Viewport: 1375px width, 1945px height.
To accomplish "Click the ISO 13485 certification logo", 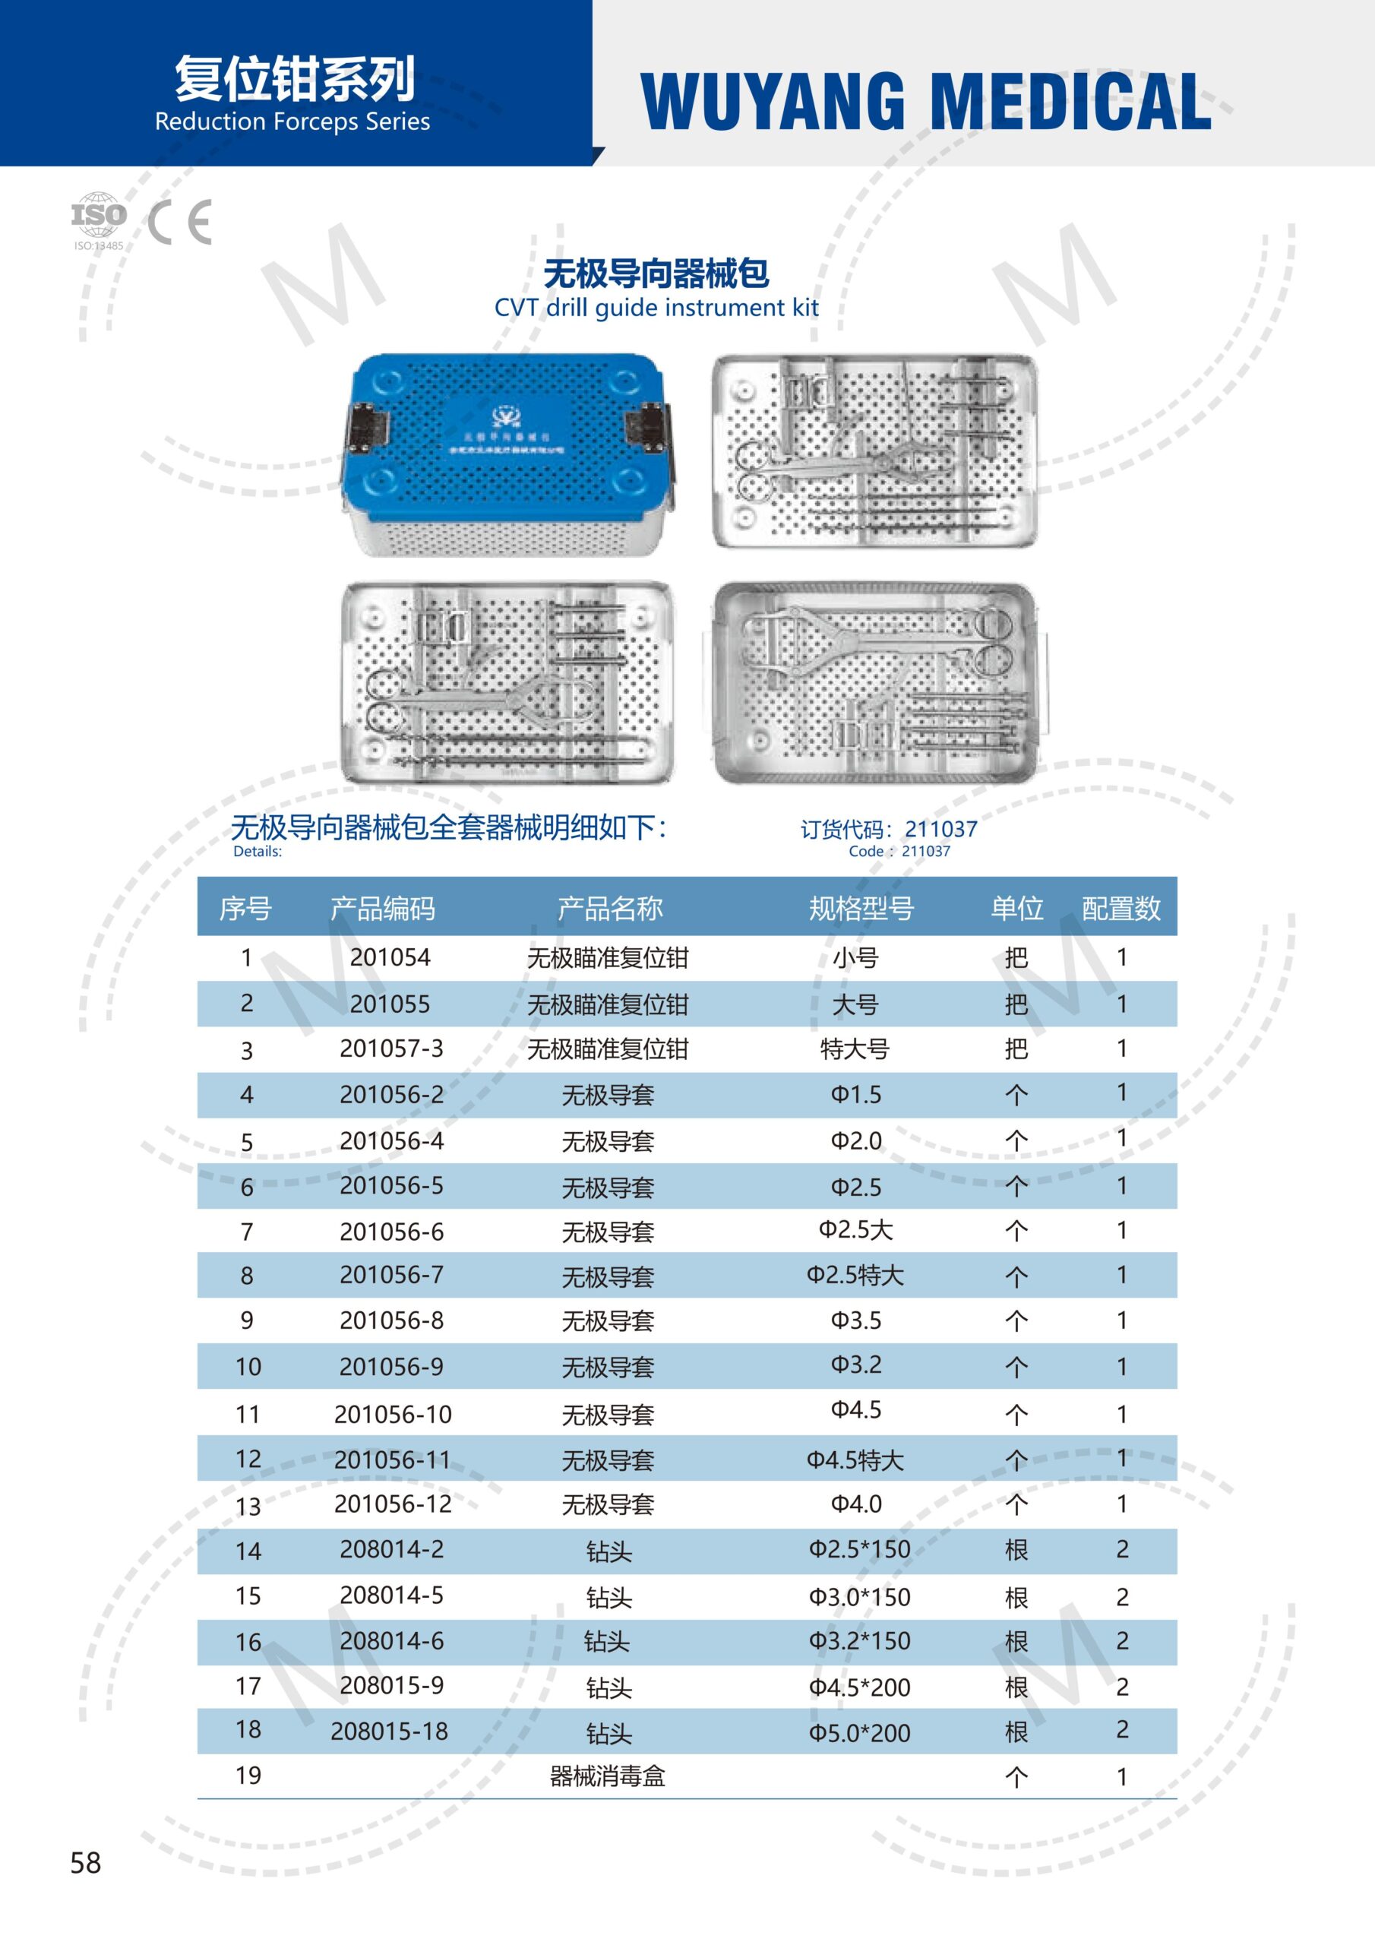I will [x=98, y=220].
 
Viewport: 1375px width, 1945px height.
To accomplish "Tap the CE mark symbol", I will [x=179, y=223].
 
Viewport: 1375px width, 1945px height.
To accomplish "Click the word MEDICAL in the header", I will [x=1072, y=102].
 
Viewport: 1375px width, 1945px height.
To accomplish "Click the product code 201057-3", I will [x=391, y=1048].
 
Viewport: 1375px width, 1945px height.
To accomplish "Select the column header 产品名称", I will [x=610, y=908].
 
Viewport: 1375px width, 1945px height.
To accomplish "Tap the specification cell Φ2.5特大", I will [x=855, y=1275].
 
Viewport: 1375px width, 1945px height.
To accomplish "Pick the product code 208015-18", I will [x=389, y=1731].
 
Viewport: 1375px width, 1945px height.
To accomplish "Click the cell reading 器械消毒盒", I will [x=608, y=1776].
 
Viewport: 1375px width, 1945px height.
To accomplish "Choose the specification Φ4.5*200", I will [x=859, y=1687].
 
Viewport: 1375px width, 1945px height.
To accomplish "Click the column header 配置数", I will [x=1121, y=908].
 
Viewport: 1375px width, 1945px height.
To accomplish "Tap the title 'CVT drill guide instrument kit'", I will [x=656, y=308].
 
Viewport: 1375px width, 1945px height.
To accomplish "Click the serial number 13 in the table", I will [x=248, y=1506].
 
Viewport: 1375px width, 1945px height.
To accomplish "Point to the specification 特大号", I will [x=854, y=1048].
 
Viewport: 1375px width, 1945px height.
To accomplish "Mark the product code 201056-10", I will [x=393, y=1414].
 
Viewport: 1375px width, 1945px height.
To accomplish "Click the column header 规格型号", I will [x=861, y=908].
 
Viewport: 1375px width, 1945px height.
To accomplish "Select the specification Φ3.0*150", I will [x=859, y=1597].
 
